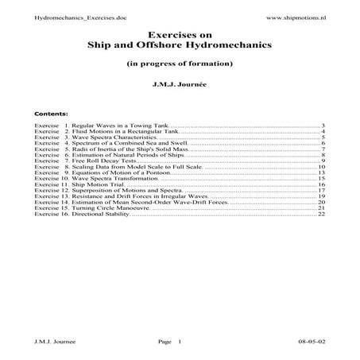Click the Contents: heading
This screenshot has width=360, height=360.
coord(52,114)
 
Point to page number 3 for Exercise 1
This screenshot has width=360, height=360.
coord(323,126)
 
